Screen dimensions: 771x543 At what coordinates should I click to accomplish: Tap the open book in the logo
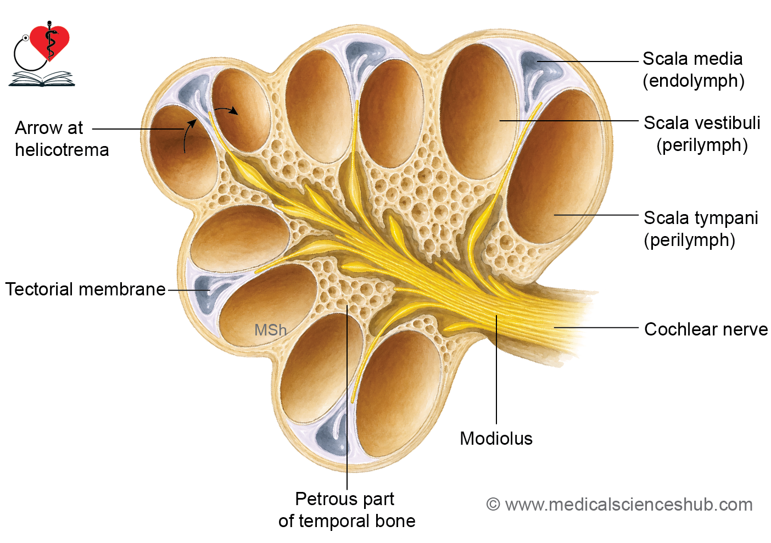(x=42, y=79)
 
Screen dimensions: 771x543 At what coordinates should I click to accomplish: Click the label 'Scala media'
(x=692, y=59)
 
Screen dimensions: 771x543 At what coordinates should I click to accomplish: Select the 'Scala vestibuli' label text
(x=702, y=123)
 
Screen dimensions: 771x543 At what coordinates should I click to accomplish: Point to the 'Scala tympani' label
(x=701, y=218)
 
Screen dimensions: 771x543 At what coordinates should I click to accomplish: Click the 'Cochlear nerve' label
(x=706, y=329)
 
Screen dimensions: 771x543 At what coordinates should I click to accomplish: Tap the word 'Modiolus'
(x=496, y=439)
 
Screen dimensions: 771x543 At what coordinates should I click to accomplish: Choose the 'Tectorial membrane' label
(x=85, y=289)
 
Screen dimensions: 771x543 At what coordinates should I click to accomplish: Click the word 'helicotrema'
(x=62, y=150)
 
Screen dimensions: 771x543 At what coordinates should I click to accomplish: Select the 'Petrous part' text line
(x=344, y=500)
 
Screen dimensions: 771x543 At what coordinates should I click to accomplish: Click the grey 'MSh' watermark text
(x=270, y=330)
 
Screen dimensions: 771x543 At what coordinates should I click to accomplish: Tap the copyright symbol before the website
(x=493, y=505)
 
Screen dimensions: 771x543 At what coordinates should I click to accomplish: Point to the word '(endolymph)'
(x=694, y=81)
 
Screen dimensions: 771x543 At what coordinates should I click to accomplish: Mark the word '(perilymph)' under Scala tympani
(x=689, y=240)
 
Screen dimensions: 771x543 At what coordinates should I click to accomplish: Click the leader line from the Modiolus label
(x=496, y=369)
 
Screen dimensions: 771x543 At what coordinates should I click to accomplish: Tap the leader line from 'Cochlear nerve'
(x=596, y=328)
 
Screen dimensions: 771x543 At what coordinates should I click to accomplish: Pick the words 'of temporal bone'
(x=347, y=521)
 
